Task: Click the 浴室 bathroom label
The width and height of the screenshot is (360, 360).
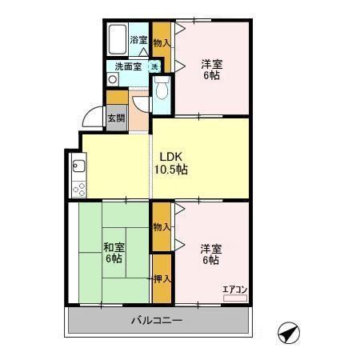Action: point(138,40)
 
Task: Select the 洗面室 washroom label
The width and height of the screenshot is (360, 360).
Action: point(128,67)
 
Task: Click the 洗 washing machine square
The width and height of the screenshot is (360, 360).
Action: point(154,67)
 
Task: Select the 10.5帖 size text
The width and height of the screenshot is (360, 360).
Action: point(170,170)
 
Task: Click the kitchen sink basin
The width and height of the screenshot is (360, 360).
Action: point(78,166)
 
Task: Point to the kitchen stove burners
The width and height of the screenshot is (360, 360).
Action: point(78,189)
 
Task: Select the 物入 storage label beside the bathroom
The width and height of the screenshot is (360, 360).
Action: point(161,42)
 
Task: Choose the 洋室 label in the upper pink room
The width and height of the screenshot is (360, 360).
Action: point(211,63)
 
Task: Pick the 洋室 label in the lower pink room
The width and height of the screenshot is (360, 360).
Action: point(210,247)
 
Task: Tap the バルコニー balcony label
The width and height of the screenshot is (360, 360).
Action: point(157,321)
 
